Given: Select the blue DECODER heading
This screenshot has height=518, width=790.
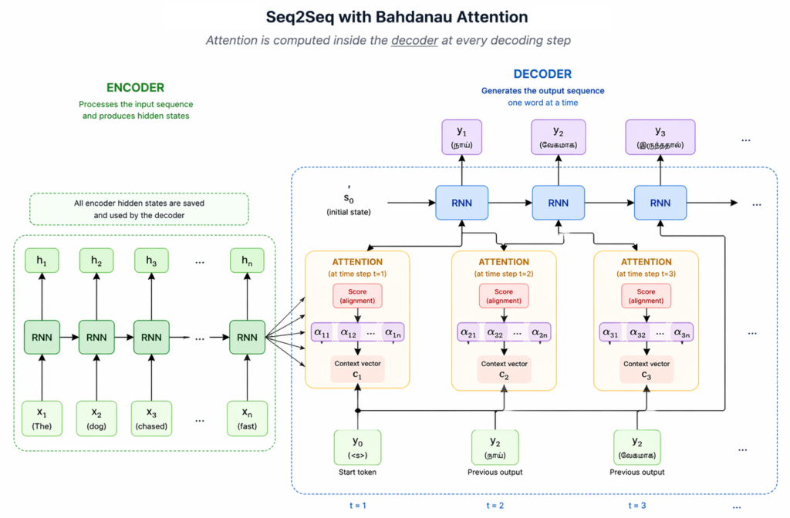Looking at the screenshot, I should tap(542, 74).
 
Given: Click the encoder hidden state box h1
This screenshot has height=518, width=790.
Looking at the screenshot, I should tap(41, 262).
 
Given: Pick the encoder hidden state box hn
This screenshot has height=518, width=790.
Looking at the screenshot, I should tap(247, 262).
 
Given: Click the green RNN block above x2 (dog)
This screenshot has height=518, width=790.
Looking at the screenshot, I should tap(96, 337).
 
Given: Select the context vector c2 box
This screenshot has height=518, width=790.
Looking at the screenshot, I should tap(503, 369).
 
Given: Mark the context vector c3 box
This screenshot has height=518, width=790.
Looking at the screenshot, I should tap(646, 369).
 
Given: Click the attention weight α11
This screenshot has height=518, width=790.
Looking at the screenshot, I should tap(322, 333).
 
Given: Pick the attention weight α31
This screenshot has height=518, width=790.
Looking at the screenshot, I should tap(611, 333).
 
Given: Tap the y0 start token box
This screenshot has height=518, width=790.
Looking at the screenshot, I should tap(357, 447).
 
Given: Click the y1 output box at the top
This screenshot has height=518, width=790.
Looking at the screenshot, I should tap(461, 136).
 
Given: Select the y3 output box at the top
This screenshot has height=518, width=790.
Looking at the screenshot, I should tap(660, 136).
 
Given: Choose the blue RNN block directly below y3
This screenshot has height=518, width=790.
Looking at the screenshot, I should tap(660, 203).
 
